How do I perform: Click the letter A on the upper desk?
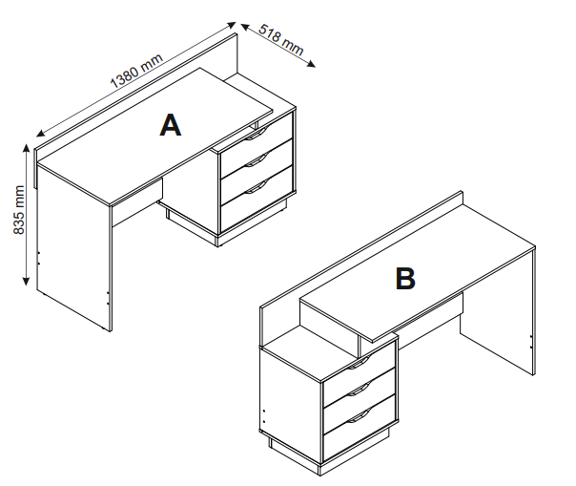click(170, 125)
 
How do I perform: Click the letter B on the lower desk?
click(405, 279)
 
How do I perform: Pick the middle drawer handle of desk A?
click(254, 163)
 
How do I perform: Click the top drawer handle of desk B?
click(359, 362)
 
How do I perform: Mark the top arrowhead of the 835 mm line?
click(25, 145)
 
